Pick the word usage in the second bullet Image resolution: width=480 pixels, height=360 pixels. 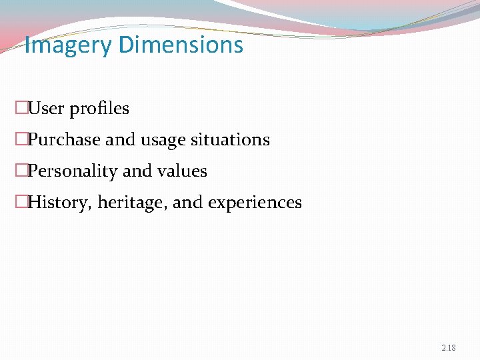click(163, 140)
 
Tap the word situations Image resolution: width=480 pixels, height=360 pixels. click(231, 139)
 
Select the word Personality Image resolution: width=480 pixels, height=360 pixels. click(73, 171)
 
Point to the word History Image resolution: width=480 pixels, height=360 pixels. click(61, 203)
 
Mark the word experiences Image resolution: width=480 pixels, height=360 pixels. click(255, 203)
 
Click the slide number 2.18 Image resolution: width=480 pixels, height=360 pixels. click(449, 348)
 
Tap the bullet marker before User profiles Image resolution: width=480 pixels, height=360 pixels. click(22, 108)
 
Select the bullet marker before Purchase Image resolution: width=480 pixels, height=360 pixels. click(22, 140)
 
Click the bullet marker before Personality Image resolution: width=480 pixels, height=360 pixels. click(22, 171)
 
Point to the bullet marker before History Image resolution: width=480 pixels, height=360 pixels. click(22, 203)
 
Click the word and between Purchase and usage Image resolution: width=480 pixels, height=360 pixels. click(120, 140)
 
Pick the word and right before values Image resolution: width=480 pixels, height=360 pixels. click(138, 171)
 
